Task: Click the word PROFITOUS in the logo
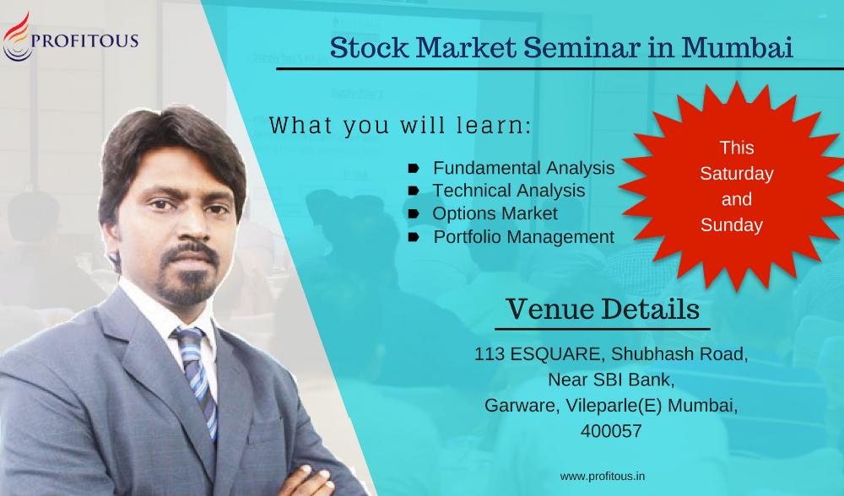click(x=85, y=40)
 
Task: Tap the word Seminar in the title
click(x=582, y=46)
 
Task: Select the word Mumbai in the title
click(x=738, y=46)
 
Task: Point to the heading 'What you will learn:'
click(x=400, y=126)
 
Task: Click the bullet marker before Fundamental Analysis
click(x=414, y=169)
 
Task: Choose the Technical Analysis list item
click(x=509, y=191)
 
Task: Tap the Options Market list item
click(x=495, y=213)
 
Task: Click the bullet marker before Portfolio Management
click(x=414, y=237)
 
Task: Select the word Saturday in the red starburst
click(x=736, y=174)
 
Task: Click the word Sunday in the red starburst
click(x=732, y=225)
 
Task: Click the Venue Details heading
click(x=603, y=309)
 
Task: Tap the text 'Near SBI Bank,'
click(x=611, y=380)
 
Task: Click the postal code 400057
click(x=611, y=431)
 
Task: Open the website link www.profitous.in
click(x=603, y=476)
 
